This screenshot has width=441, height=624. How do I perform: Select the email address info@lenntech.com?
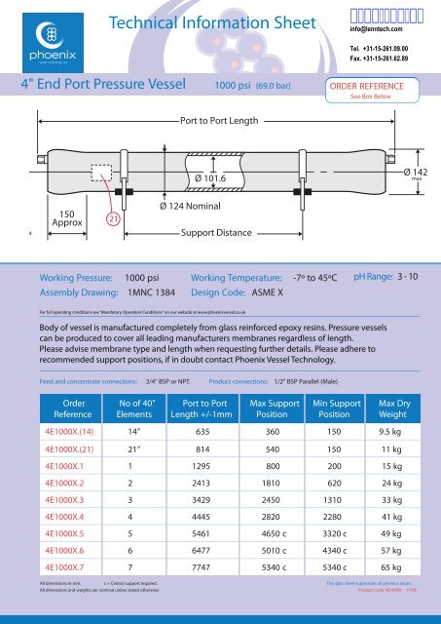click(379, 28)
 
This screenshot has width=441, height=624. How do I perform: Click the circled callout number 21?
click(114, 219)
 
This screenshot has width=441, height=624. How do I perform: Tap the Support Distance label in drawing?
click(219, 235)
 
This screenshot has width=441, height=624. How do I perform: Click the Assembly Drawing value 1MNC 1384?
click(150, 292)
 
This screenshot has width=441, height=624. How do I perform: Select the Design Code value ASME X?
click(262, 292)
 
